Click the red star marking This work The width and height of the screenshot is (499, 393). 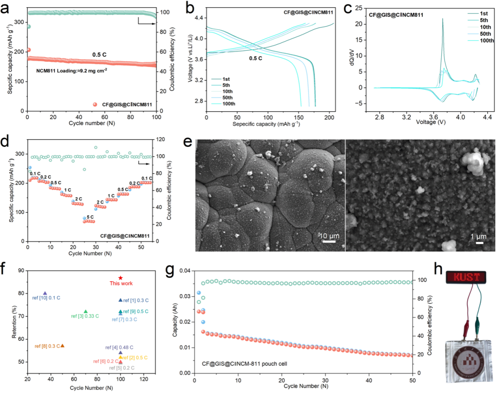[x=121, y=278]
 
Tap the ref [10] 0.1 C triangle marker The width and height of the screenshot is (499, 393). [x=45, y=293]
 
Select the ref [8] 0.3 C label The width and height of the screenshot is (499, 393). [x=47, y=346]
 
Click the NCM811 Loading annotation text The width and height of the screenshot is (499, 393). [x=72, y=71]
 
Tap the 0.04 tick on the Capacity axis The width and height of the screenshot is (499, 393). [x=186, y=271]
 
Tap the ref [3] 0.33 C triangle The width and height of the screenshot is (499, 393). [x=85, y=312]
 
